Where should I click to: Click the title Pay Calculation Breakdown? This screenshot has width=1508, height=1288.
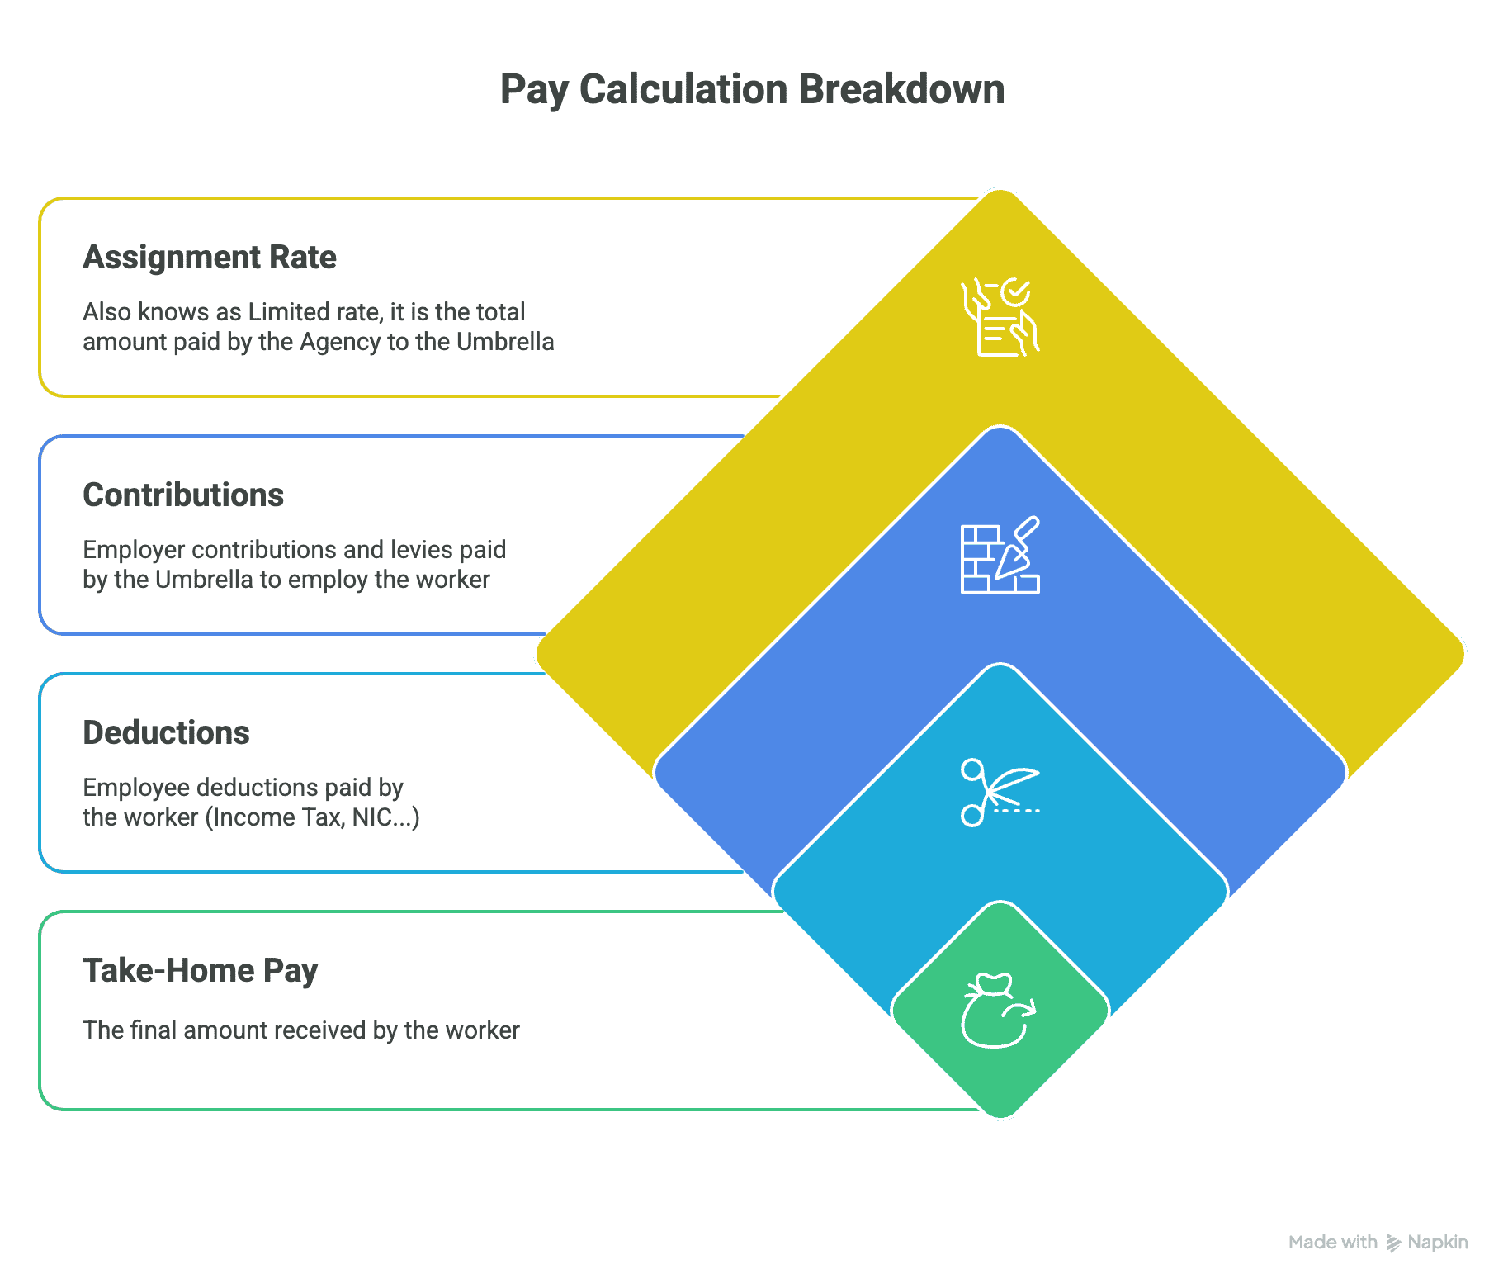tap(752, 89)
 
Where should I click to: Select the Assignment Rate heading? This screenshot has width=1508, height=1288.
tap(210, 258)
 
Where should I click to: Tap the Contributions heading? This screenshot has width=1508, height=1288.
tap(183, 495)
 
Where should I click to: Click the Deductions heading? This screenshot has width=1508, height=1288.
tap(166, 733)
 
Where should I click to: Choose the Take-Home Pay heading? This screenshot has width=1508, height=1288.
tap(201, 971)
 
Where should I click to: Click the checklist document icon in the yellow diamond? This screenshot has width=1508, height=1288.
tap(1000, 318)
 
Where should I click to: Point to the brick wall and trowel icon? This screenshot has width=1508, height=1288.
tap(1000, 556)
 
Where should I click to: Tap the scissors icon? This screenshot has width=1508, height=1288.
tap(1000, 793)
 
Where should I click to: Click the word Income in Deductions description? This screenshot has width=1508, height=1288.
tap(250, 817)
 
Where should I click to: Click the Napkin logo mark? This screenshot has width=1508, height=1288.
tap(1393, 1243)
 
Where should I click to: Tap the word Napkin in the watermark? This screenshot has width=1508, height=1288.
tap(1438, 1243)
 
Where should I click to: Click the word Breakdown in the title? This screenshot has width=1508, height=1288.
tap(901, 89)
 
